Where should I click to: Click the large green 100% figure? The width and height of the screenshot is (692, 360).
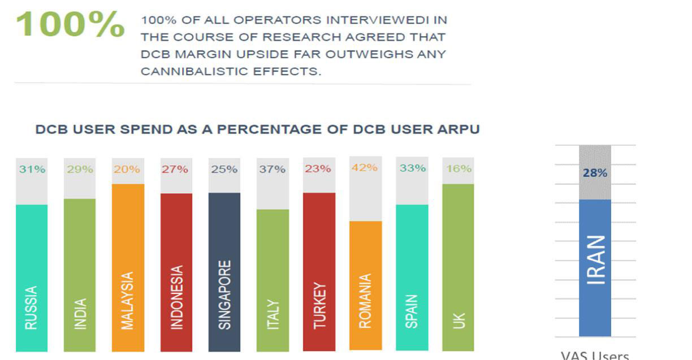tap(70, 24)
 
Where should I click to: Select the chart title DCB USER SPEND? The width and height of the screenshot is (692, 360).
tap(257, 129)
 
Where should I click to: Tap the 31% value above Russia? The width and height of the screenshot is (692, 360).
tap(32, 169)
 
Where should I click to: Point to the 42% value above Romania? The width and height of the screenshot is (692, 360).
tap(365, 168)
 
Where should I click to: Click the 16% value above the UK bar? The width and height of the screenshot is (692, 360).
tap(459, 168)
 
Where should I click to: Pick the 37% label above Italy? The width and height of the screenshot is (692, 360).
tap(272, 169)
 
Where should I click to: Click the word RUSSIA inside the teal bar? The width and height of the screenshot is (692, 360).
tap(32, 307)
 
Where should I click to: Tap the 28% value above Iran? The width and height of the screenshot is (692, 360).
tap(595, 173)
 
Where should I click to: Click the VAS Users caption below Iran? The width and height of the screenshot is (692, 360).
tap(594, 355)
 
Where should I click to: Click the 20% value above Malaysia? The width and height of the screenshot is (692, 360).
tap(127, 169)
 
